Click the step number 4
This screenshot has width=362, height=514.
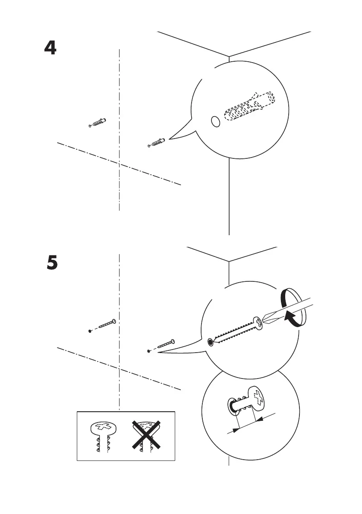pyautogui.click(x=50, y=48)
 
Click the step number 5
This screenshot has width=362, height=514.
pyautogui.click(x=52, y=262)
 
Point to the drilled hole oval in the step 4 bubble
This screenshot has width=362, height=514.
pyautogui.click(x=215, y=122)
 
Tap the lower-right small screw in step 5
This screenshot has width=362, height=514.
pyautogui.click(x=162, y=346)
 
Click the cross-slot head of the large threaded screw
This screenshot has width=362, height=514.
pyautogui.click(x=257, y=323)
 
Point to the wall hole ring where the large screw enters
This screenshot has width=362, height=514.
pyautogui.click(x=210, y=342)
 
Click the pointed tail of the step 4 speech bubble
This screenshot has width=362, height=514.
pyautogui.click(x=170, y=138)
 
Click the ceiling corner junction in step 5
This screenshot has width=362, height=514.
pyautogui.click(x=228, y=262)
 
